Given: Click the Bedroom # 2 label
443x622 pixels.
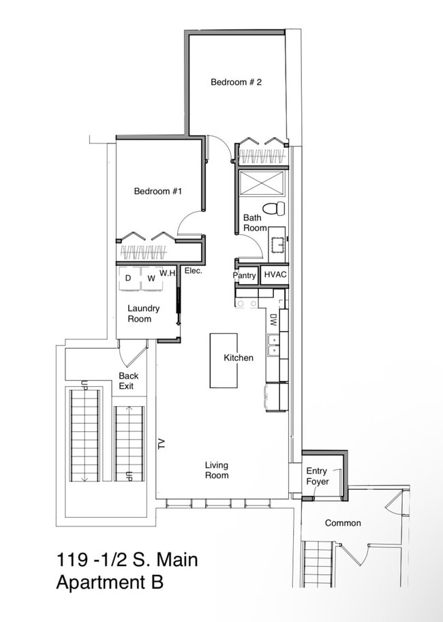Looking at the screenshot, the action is point(236,82).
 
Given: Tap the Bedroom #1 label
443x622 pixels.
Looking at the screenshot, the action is point(158,191).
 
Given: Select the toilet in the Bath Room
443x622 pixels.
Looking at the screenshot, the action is point(274,208).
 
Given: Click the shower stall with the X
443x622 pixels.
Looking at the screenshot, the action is point(262,183).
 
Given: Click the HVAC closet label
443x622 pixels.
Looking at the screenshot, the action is point(275,275).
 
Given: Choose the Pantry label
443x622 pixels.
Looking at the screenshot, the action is point(245,275).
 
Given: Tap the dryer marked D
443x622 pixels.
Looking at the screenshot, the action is point(129,279).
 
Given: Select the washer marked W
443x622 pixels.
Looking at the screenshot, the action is point(151,279).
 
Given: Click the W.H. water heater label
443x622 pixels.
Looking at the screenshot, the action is point(168,273).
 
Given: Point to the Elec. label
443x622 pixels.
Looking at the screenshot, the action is point(194,271).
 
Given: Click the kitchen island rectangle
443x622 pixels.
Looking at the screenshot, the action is point(224,360).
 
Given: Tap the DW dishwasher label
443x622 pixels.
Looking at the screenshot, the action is point(273,320).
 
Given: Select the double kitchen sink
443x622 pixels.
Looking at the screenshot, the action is point(273,345).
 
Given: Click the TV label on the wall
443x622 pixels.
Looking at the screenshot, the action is point(161,444).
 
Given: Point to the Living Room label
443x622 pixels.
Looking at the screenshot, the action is point(217,470).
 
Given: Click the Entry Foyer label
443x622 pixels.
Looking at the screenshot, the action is point(318,476).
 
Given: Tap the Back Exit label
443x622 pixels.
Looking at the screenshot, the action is point(129,381).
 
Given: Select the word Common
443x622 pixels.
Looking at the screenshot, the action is point(343,523).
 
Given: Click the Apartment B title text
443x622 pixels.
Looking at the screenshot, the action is point(110,582).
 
